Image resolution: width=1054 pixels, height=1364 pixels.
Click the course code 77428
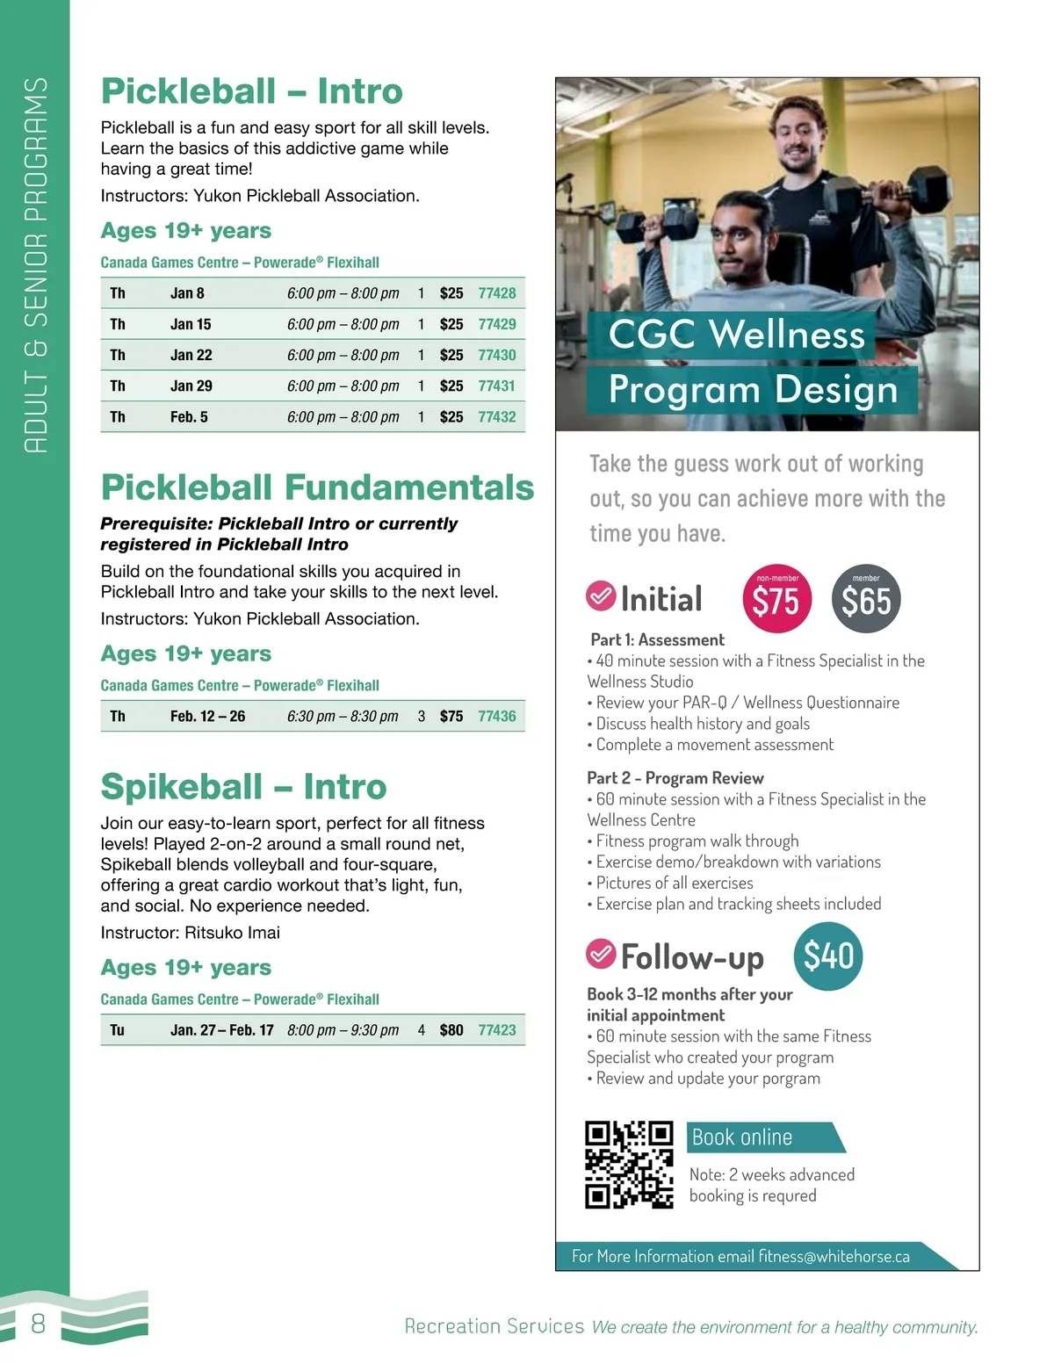(496, 293)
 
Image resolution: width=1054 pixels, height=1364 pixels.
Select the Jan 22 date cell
(191, 355)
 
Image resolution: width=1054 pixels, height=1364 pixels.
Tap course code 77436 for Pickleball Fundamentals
(496, 717)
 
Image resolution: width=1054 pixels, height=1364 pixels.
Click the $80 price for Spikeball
(451, 1030)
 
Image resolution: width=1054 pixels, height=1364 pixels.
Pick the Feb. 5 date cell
(189, 417)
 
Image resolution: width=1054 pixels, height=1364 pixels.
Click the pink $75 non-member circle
(776, 600)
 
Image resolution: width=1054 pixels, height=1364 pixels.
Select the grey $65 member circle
(866, 600)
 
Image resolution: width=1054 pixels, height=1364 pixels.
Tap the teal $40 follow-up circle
(828, 956)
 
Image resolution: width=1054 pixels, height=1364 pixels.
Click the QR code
(629, 1166)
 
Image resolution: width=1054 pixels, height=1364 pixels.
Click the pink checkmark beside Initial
(601, 596)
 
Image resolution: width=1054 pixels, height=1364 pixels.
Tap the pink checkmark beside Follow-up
(601, 953)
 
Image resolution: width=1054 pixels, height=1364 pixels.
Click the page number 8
(38, 1324)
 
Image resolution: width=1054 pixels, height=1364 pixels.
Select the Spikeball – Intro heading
(243, 787)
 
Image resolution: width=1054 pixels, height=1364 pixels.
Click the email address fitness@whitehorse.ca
(834, 1257)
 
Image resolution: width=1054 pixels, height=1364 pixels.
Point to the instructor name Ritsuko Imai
(232, 933)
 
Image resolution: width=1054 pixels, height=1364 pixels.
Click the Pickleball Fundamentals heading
(317, 487)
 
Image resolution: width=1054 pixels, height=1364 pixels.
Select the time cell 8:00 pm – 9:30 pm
(343, 1030)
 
